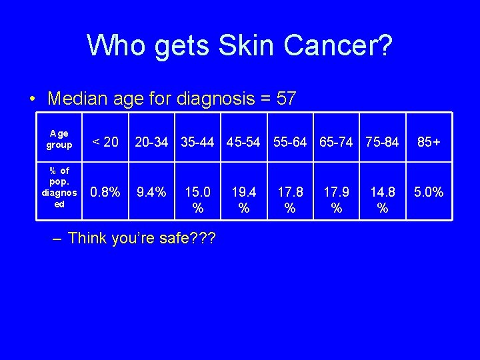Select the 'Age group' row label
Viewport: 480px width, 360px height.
(x=59, y=139)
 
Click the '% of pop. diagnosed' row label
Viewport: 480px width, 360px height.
(x=59, y=187)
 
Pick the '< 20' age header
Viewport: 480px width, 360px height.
(x=105, y=141)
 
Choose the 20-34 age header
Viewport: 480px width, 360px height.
(x=151, y=141)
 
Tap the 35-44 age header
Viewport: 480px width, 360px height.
(x=197, y=141)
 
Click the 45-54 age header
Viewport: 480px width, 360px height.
(x=243, y=141)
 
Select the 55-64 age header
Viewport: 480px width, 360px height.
(x=290, y=141)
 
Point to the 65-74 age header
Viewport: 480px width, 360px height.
(x=336, y=141)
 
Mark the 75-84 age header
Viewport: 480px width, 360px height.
(x=382, y=141)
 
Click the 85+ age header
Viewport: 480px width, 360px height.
(x=428, y=141)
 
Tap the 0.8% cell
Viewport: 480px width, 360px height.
(x=105, y=193)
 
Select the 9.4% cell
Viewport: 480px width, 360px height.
(x=151, y=193)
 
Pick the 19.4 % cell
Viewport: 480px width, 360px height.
(x=243, y=200)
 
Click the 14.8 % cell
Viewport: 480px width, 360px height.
(x=382, y=200)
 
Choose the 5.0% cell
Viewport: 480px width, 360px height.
(x=428, y=193)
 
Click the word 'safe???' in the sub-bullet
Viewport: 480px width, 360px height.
(x=185, y=238)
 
